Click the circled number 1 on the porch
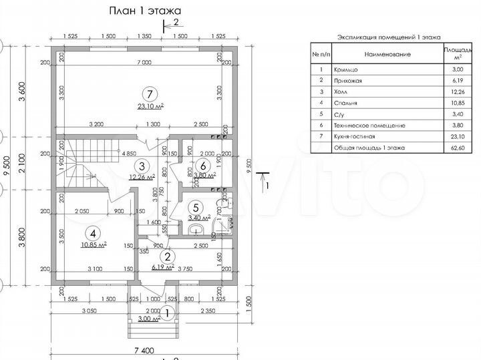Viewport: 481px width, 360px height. (x=168, y=310)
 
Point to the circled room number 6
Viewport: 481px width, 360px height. (x=204, y=165)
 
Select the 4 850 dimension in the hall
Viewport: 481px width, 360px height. (x=130, y=152)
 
